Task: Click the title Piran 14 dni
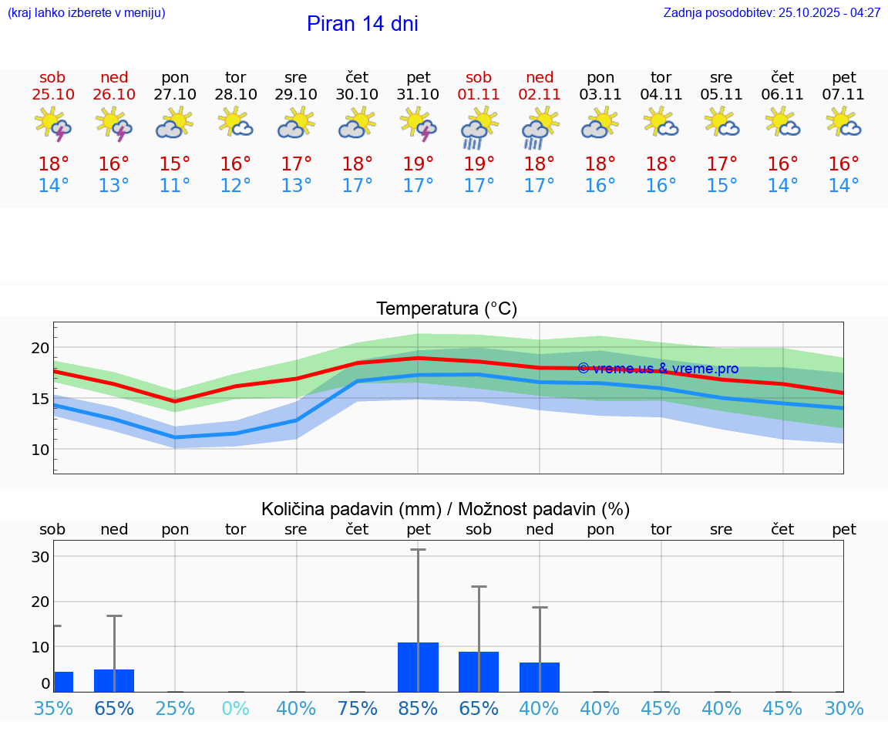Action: pyautogui.click(x=362, y=24)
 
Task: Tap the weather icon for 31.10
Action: pyautogui.click(x=418, y=124)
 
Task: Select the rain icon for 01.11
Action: pyautogui.click(x=479, y=127)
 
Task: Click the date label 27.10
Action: pyautogui.click(x=175, y=95)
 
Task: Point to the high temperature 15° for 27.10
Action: pyautogui.click(x=175, y=164)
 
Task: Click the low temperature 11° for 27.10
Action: pyautogui.click(x=175, y=186)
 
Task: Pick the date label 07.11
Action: pyautogui.click(x=843, y=95)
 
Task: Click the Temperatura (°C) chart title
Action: pyautogui.click(x=446, y=309)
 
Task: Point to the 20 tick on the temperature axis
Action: pyautogui.click(x=40, y=348)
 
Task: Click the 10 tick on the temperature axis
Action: pyautogui.click(x=40, y=450)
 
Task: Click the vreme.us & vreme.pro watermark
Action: pyautogui.click(x=658, y=369)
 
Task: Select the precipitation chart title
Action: pyautogui.click(x=446, y=509)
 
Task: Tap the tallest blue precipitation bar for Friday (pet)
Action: pyautogui.click(x=418, y=666)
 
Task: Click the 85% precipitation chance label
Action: pyautogui.click(x=418, y=708)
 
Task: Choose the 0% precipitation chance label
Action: pyautogui.click(x=235, y=708)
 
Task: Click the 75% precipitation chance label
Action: pyautogui.click(x=357, y=708)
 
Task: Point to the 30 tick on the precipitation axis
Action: pyautogui.click(x=40, y=557)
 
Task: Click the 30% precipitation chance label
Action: pyautogui.click(x=843, y=708)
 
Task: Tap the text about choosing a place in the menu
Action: pyautogui.click(x=86, y=13)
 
